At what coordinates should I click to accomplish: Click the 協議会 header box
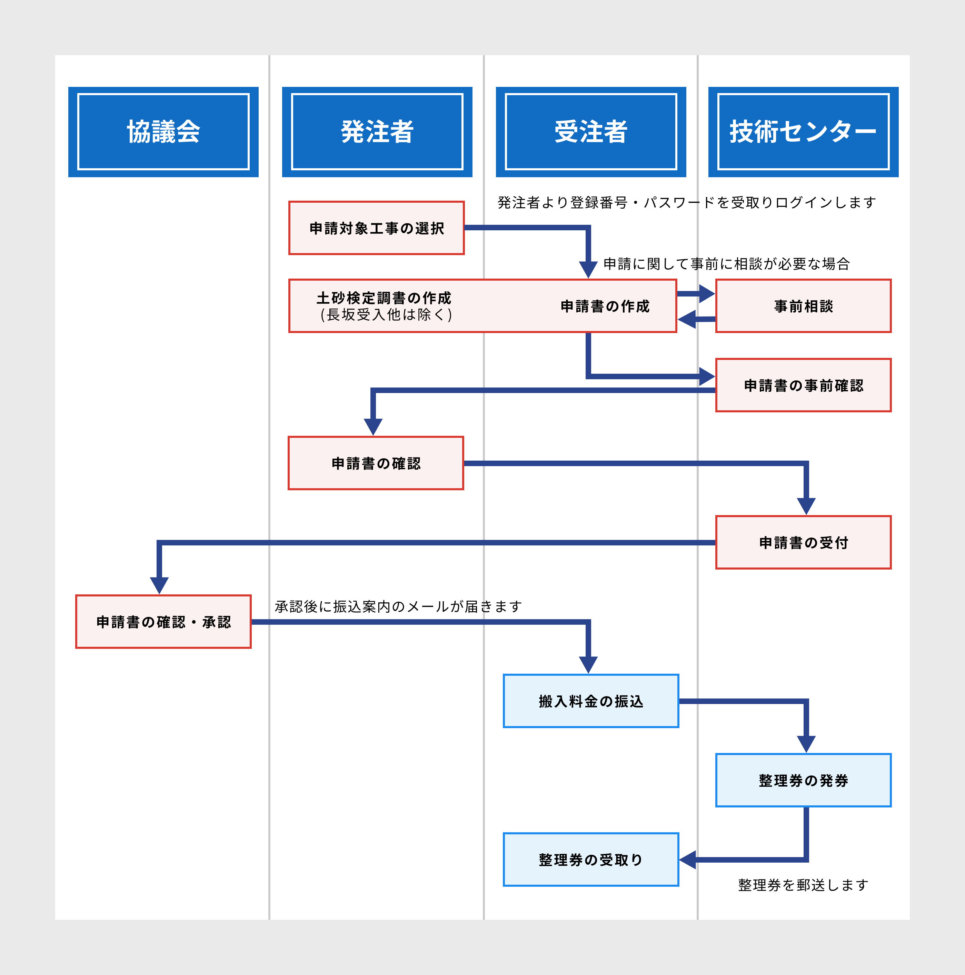click(163, 132)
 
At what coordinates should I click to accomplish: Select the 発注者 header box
click(377, 132)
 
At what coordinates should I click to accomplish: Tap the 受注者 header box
click(590, 132)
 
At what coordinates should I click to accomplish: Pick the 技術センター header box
click(803, 132)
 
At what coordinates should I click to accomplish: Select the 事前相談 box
click(803, 306)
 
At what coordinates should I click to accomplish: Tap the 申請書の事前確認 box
click(803, 385)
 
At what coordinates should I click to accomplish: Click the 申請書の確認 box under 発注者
click(376, 463)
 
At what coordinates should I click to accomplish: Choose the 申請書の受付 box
click(803, 543)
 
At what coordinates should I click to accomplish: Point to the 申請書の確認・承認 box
click(163, 622)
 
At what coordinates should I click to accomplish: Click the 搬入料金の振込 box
click(590, 701)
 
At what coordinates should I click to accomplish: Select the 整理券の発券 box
click(803, 780)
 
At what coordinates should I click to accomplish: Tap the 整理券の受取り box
click(590, 860)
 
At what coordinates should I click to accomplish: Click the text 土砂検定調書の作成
click(384, 298)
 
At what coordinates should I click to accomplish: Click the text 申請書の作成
click(605, 306)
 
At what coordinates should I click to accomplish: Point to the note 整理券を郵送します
click(803, 885)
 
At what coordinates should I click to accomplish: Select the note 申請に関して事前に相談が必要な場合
click(726, 263)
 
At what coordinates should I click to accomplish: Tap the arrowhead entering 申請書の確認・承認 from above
click(159, 585)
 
